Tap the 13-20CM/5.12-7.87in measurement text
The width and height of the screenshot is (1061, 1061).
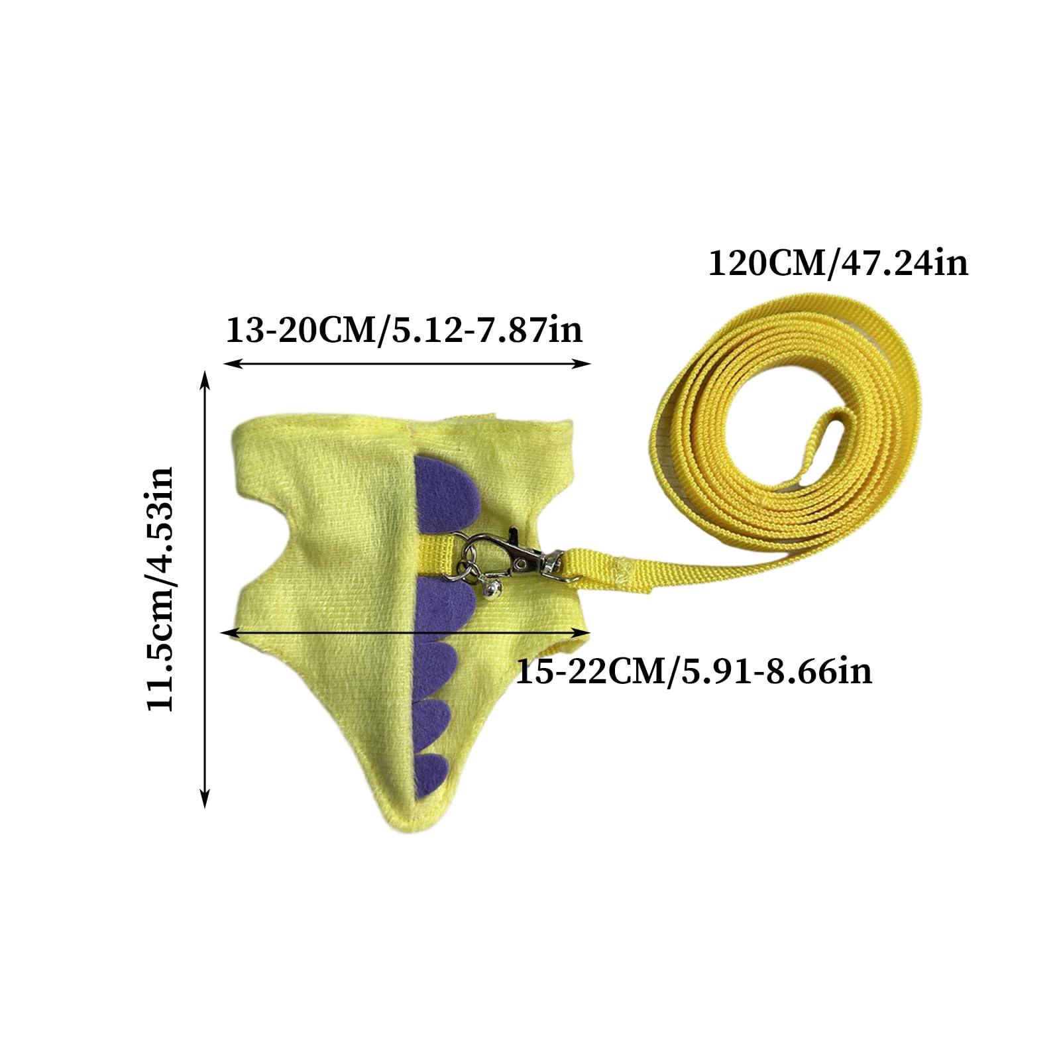coord(404,329)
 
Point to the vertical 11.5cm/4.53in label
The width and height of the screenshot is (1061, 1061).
coord(160,588)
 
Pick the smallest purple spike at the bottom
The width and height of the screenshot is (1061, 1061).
coord(431,773)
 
